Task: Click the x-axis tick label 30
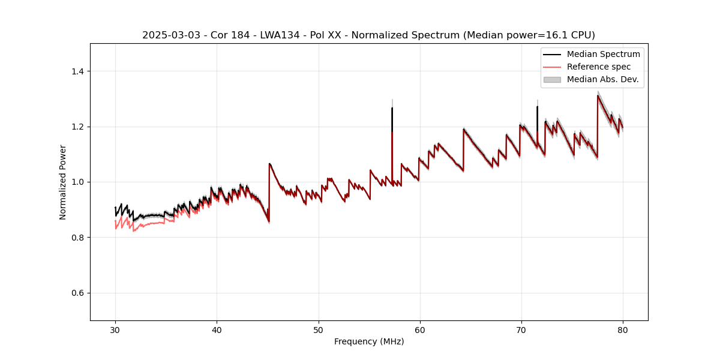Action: pos(115,329)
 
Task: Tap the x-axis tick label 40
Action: pos(217,329)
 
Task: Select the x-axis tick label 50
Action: pos(318,329)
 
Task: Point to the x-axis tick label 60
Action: pos(419,329)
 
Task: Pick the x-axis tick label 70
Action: pos(521,329)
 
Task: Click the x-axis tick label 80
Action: pos(622,329)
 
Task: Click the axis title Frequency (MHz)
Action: pos(369,341)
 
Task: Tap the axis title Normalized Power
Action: pos(63,182)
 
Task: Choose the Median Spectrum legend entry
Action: pos(603,54)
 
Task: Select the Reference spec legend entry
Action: pos(599,67)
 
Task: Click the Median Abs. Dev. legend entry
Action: pos(602,79)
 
